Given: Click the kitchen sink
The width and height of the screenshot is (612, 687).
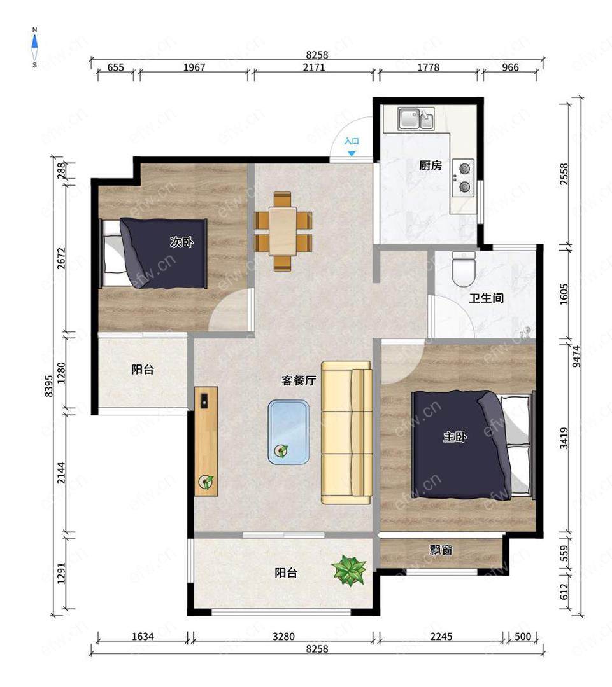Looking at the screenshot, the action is [x=416, y=119].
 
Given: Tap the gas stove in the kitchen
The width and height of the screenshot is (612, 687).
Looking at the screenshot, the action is [x=463, y=177].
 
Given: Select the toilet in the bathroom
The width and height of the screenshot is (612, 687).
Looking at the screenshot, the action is [x=464, y=269].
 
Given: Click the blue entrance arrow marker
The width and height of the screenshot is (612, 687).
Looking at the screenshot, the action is [x=352, y=154].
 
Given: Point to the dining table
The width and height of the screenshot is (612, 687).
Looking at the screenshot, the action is [x=283, y=231].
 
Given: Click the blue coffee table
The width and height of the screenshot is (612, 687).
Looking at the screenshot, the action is [x=288, y=432].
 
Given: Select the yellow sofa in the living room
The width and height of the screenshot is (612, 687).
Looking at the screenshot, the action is [x=346, y=433].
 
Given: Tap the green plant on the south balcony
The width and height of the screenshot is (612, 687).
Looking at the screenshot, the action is [x=349, y=571].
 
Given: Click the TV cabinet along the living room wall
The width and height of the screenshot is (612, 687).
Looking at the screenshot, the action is [x=206, y=441].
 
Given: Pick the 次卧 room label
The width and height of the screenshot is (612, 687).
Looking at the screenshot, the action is [x=181, y=242].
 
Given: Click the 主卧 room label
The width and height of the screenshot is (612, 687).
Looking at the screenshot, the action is [x=455, y=436].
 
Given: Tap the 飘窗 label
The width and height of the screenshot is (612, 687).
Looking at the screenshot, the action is [x=441, y=550].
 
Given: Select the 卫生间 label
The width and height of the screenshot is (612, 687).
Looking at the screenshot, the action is [x=486, y=298].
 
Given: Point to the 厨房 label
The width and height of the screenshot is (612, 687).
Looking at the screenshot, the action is [x=430, y=165].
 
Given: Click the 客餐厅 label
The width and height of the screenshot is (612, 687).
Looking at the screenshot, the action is [x=298, y=380].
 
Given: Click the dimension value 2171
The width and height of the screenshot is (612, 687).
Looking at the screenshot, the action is [x=314, y=67].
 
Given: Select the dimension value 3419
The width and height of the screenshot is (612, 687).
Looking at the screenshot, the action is [x=564, y=438].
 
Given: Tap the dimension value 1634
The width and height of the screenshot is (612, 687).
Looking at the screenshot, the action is [x=143, y=635].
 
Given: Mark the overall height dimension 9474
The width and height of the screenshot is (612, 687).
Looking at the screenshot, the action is [x=576, y=356].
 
